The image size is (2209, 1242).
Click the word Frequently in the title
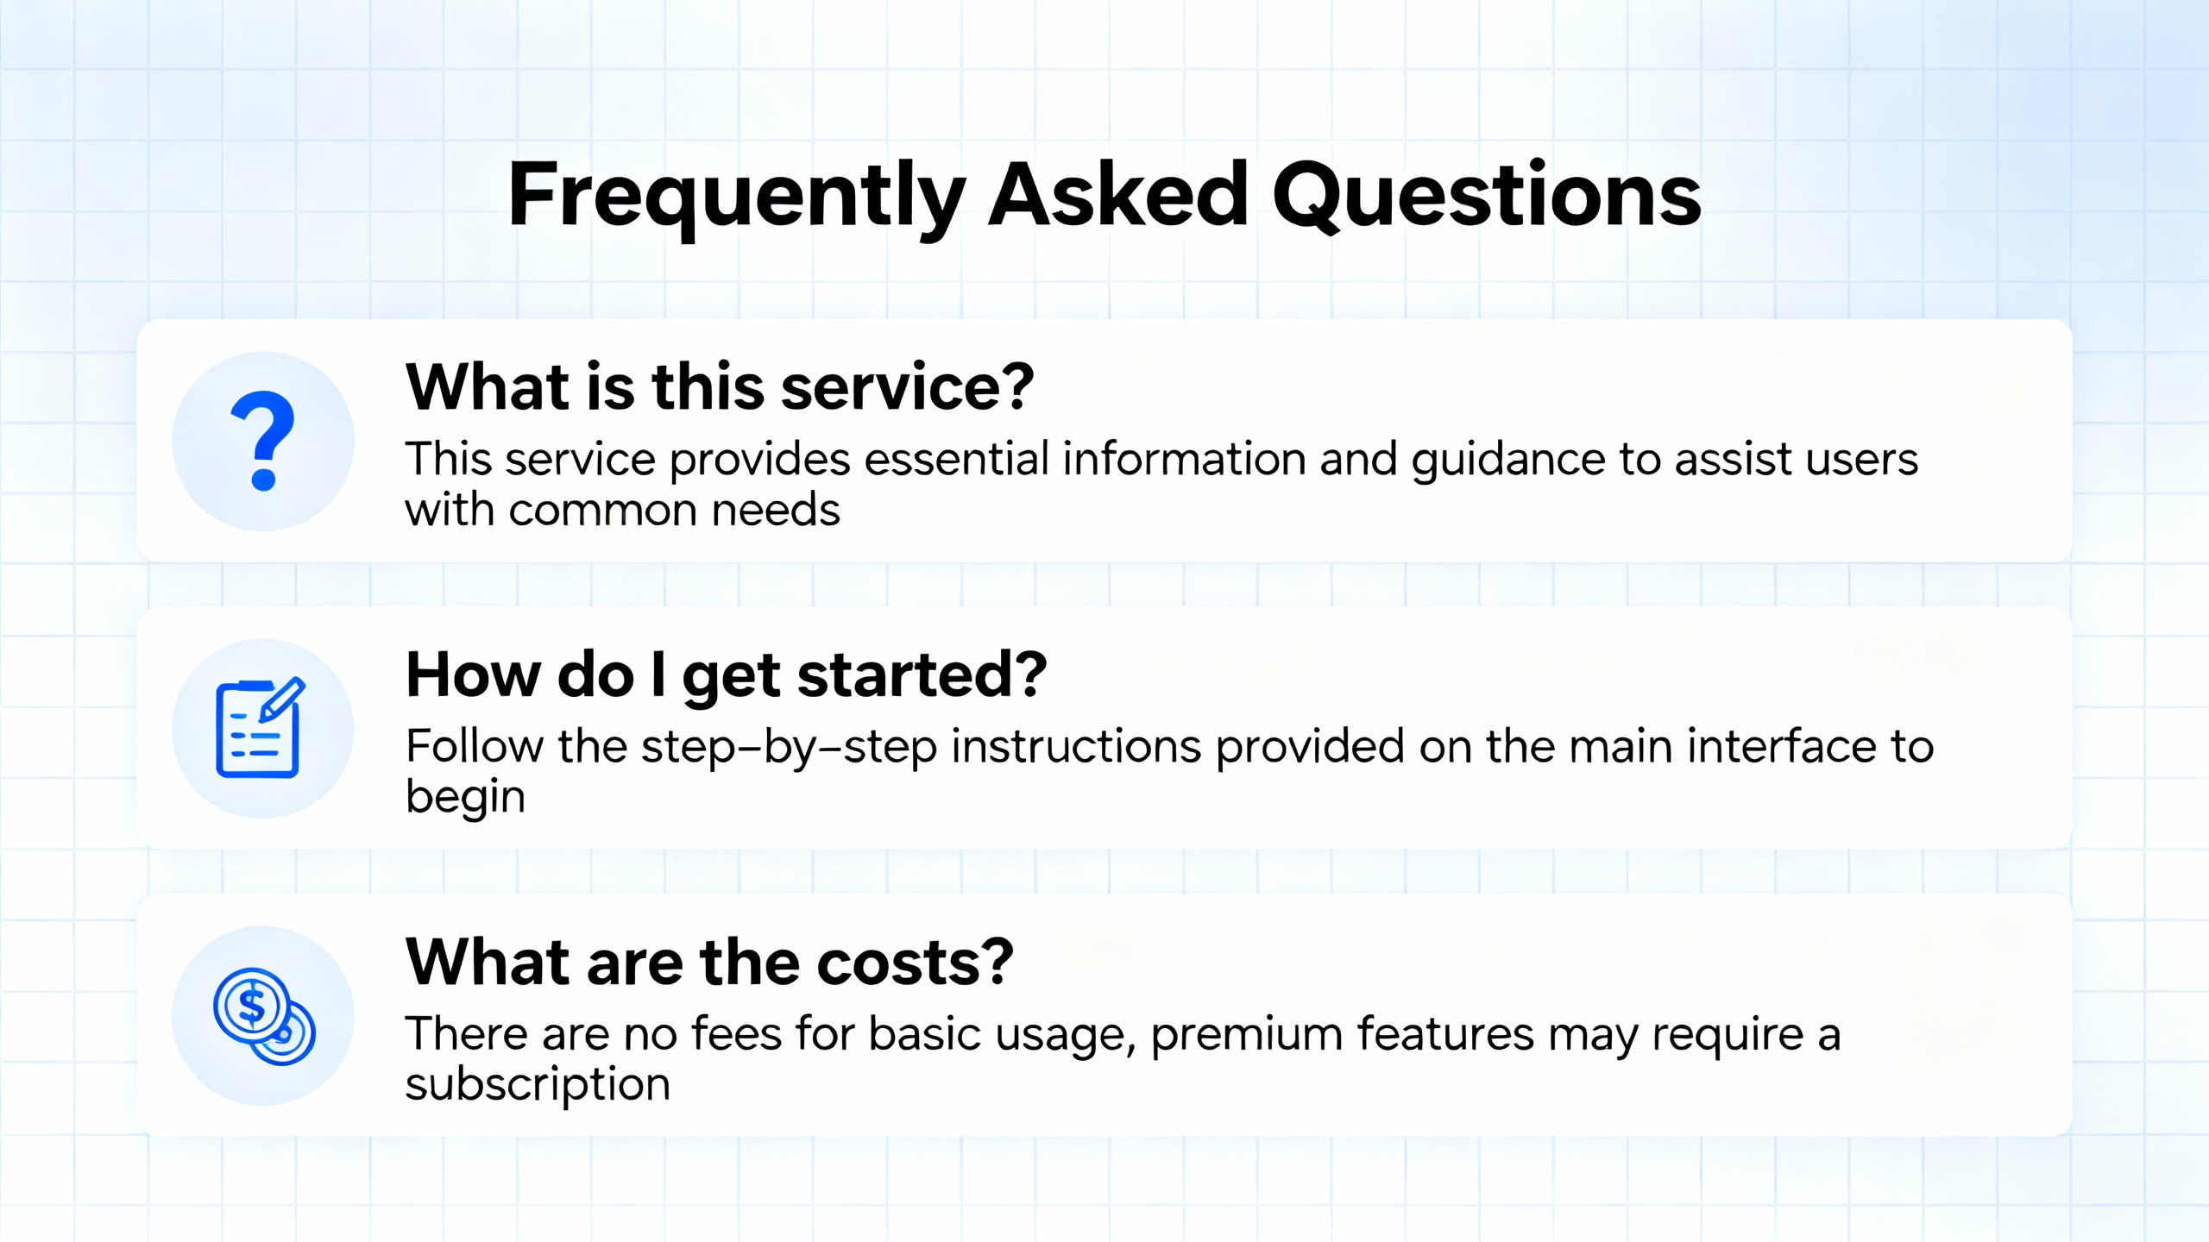point(737,197)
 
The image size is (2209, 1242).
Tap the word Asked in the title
point(1117,194)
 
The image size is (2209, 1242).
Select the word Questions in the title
point(1487,196)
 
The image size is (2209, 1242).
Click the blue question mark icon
point(262,441)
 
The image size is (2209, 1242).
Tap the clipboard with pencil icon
point(260,727)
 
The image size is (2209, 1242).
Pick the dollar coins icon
point(264,1016)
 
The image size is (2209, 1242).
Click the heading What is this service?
point(720,386)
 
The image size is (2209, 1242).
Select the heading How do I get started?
point(727,675)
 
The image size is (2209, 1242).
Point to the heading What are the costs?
point(709,962)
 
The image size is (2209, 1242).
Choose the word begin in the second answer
point(465,799)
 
